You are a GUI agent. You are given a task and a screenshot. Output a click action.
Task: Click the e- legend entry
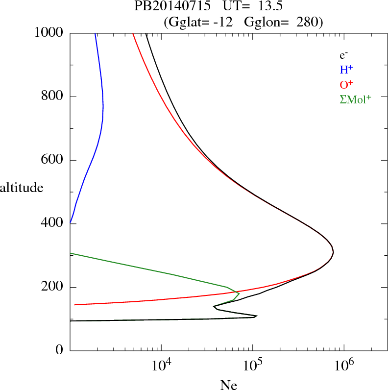pyautogui.click(x=343, y=55)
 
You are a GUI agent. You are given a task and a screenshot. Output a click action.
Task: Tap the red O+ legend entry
pyautogui.click(x=346, y=84)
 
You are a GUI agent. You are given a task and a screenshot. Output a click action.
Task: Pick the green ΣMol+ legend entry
pyautogui.click(x=355, y=99)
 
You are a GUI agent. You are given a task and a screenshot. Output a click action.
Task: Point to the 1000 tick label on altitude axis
pyautogui.click(x=49, y=33)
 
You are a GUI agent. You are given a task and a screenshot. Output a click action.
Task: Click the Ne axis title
pyautogui.click(x=228, y=385)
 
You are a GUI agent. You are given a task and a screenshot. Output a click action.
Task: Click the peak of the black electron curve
pyautogui.click(x=333, y=252)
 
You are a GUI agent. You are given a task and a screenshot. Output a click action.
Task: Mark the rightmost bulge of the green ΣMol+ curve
pyautogui.click(x=239, y=293)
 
